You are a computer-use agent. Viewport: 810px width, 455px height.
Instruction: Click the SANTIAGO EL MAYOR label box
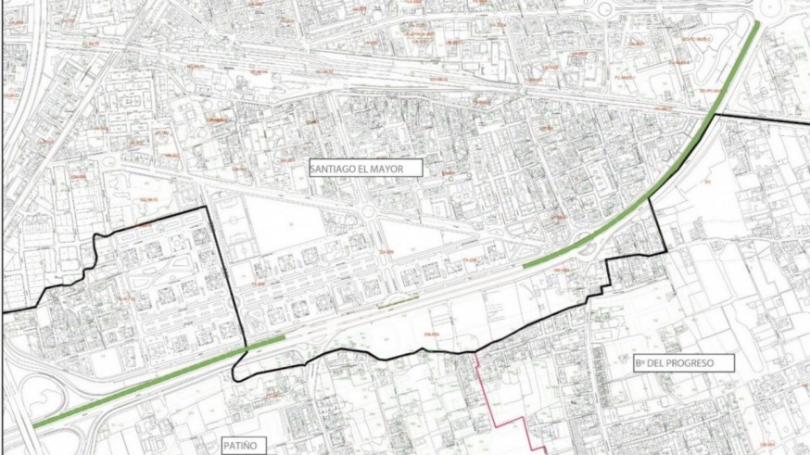point(365,168)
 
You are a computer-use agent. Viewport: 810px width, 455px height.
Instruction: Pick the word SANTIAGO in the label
point(338,168)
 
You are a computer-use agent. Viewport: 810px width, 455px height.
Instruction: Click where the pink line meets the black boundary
point(476,352)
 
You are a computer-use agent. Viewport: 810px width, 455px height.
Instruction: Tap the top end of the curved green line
point(758,23)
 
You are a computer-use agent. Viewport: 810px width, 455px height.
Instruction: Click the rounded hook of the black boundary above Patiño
point(235,368)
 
